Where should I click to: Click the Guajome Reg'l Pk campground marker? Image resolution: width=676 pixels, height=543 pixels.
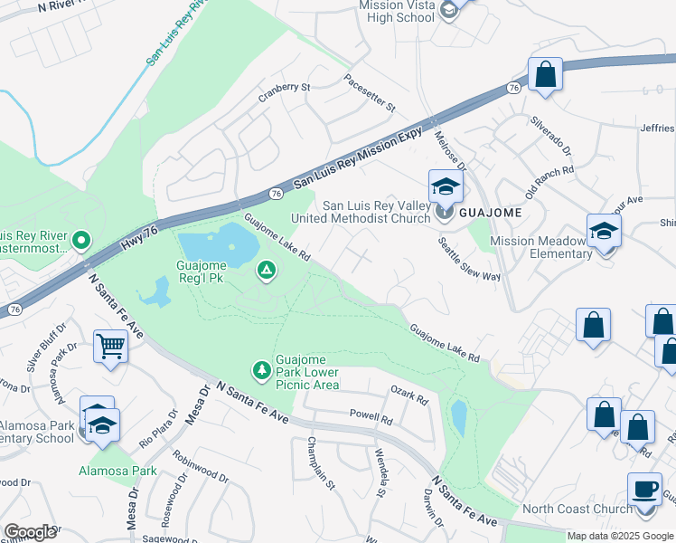click(x=266, y=269)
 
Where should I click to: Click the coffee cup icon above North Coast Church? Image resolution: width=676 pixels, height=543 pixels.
click(x=645, y=491)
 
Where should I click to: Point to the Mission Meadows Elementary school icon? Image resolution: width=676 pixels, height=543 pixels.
click(x=604, y=231)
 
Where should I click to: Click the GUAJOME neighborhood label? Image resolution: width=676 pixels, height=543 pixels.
click(x=490, y=213)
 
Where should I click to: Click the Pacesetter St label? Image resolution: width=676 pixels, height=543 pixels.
click(x=370, y=93)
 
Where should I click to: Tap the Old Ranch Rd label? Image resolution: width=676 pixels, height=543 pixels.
click(x=549, y=176)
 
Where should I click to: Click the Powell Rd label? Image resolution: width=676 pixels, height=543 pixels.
click(x=371, y=419)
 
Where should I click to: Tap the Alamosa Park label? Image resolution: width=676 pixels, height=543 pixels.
click(x=117, y=471)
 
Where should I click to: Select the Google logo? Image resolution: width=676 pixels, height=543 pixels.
click(x=30, y=532)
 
